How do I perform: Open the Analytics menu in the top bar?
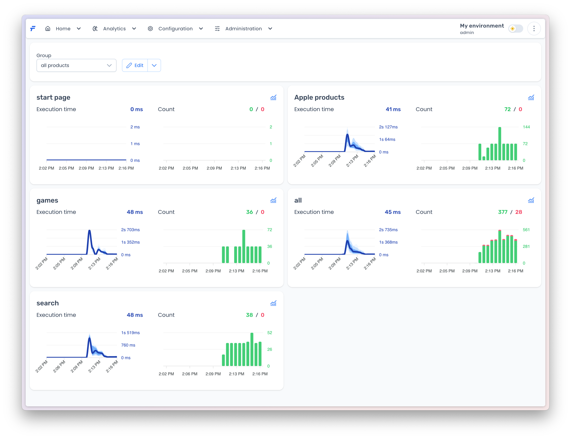coord(114,29)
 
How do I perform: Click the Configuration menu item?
coord(175,29)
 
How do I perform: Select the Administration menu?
coord(243,29)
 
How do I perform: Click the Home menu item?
coord(63,29)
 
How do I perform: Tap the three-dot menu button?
coord(534,29)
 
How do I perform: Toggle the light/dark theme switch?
coord(515,29)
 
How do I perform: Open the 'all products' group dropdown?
coord(76,65)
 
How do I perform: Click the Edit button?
coord(135,65)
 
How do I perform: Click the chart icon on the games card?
coord(273,201)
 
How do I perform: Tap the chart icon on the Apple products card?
coord(531,98)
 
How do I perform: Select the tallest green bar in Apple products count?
coord(499,143)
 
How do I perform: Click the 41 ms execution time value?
coord(393,109)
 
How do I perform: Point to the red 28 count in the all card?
coord(518,212)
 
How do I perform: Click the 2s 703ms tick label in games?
coord(130,230)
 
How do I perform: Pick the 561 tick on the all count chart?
coord(526,230)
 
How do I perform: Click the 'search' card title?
coord(48,303)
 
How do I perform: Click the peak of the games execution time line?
coord(89,231)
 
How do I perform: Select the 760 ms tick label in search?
coord(128,345)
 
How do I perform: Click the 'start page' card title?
coord(53,97)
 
